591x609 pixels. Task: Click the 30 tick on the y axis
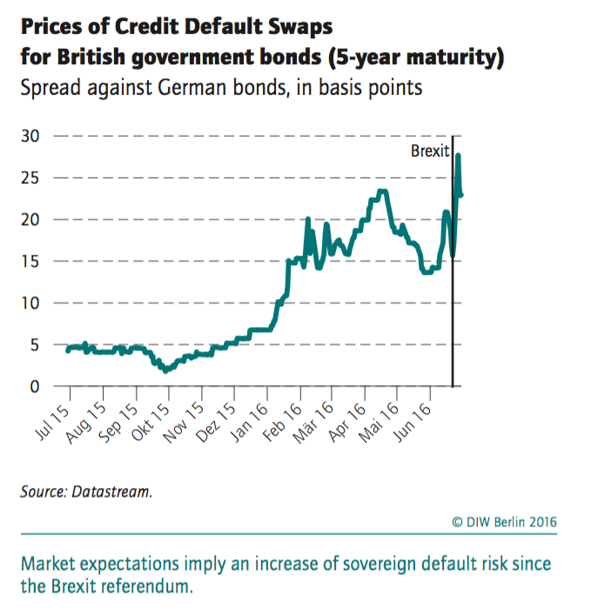[x=30, y=137]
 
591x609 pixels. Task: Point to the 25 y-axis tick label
[x=30, y=178]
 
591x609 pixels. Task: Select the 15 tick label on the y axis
[x=30, y=262]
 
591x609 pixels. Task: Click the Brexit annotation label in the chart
[x=430, y=151]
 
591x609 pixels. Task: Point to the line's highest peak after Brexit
[x=458, y=156]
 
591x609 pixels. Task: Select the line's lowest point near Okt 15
[x=165, y=370]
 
